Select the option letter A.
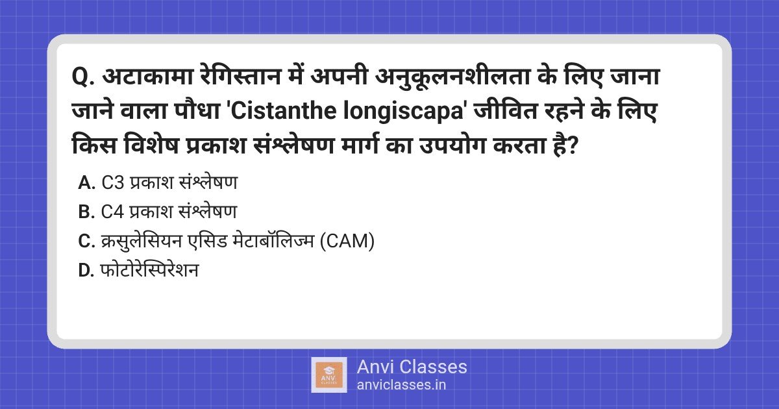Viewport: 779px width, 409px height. click(x=86, y=182)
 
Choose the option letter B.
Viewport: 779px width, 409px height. click(x=86, y=212)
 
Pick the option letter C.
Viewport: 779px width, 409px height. click(x=86, y=241)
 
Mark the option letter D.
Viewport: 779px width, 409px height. click(x=86, y=271)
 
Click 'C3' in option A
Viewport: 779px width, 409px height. click(x=113, y=182)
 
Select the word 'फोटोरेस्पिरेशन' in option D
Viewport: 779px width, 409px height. click(x=149, y=270)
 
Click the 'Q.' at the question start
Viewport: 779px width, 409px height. click(x=83, y=77)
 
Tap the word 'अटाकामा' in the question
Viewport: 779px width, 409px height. click(x=148, y=75)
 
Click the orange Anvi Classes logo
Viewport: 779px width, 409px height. click(x=329, y=375)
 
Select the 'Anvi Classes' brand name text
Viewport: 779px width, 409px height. click(x=412, y=367)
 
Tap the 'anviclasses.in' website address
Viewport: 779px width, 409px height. click(x=401, y=385)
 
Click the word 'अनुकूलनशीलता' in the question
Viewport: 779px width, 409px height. click(x=452, y=75)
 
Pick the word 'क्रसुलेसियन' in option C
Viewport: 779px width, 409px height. click(x=142, y=241)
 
